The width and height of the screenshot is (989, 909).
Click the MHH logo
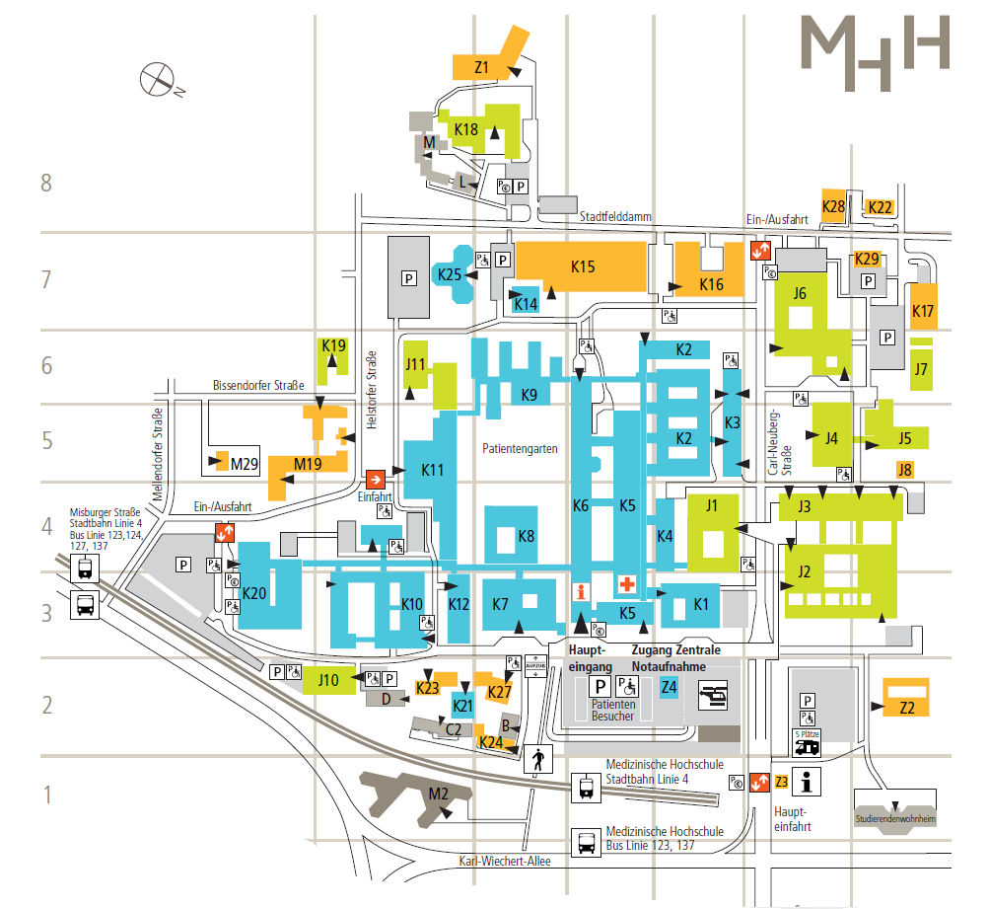click(874, 53)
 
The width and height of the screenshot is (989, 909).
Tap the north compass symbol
click(158, 78)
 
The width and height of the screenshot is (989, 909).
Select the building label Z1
click(482, 67)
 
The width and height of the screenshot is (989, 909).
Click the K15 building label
click(583, 265)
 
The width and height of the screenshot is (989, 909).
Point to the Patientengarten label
click(520, 448)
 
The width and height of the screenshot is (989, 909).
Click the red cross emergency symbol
click(625, 584)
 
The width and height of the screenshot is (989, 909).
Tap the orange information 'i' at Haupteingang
click(581, 592)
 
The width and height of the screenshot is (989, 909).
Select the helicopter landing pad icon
click(712, 697)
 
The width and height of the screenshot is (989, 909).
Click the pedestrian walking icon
click(538, 761)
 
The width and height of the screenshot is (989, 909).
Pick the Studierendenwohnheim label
click(895, 819)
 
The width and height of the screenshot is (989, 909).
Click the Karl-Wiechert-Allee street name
click(505, 861)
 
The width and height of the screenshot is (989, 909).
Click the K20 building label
click(253, 592)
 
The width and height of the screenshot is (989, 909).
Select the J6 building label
click(800, 292)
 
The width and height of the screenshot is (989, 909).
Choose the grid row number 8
click(44, 183)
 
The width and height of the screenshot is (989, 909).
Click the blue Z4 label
click(670, 687)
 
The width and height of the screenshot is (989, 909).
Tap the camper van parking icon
click(808, 742)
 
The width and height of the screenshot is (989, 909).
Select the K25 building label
click(450, 273)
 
